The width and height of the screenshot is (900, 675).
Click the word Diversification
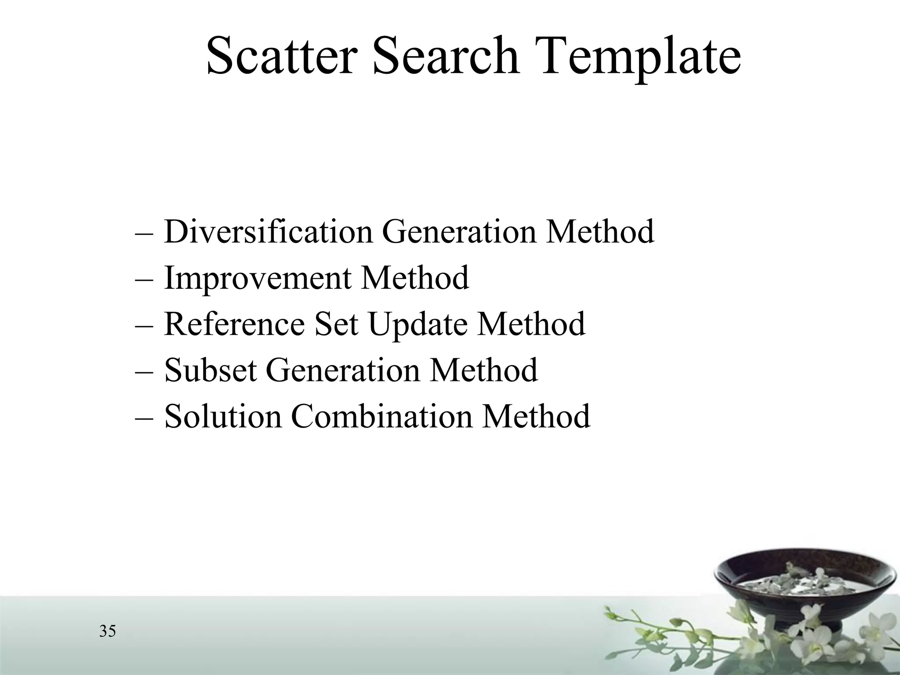[268, 232]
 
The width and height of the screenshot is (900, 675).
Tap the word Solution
[222, 416]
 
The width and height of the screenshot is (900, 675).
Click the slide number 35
[108, 631]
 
